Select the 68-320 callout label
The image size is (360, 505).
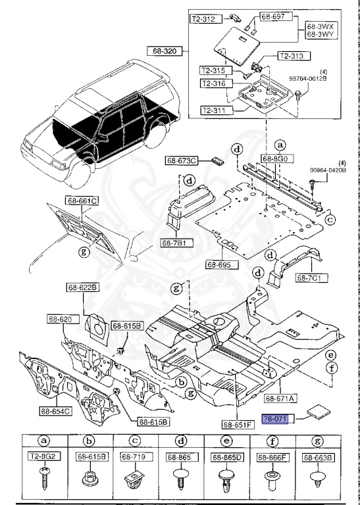pyautogui.click(x=163, y=49)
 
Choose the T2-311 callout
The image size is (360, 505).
pyautogui.click(x=217, y=110)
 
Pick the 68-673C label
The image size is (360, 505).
pyautogui.click(x=182, y=161)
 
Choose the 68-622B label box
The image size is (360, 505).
pyautogui.click(x=82, y=287)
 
